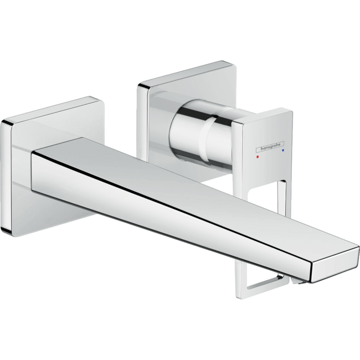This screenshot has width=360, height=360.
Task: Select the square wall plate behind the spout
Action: pos(22,166)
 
